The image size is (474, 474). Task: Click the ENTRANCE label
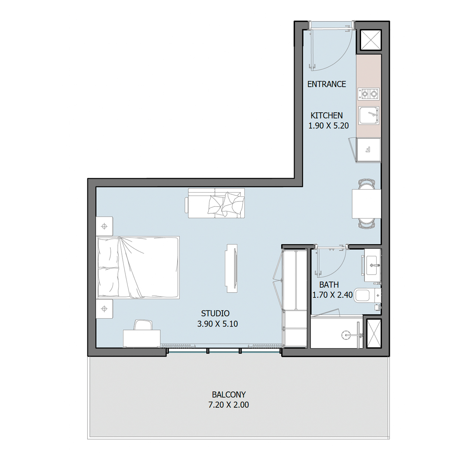coord(326,84)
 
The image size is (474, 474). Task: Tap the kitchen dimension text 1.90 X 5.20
coord(328,126)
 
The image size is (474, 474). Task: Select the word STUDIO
coord(215,313)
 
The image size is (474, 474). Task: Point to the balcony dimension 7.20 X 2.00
coord(228,405)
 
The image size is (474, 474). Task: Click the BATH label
coord(329,285)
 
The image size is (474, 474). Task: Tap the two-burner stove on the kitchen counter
coord(369,94)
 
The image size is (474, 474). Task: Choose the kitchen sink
coord(369,116)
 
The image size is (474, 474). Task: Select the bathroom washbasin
coord(372,266)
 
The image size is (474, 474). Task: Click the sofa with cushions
coord(215,203)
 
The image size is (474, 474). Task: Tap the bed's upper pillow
coord(109,252)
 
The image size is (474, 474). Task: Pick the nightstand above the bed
coord(104,226)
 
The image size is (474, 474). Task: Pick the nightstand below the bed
coord(104,309)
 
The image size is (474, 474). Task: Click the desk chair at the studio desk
coord(143,325)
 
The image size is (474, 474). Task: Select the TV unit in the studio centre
coord(232,268)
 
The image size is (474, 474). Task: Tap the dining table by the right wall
coord(367,204)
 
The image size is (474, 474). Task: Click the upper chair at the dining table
coord(367,184)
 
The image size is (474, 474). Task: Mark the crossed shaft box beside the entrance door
coord(371,40)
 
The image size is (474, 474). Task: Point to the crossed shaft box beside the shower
coord(374,334)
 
